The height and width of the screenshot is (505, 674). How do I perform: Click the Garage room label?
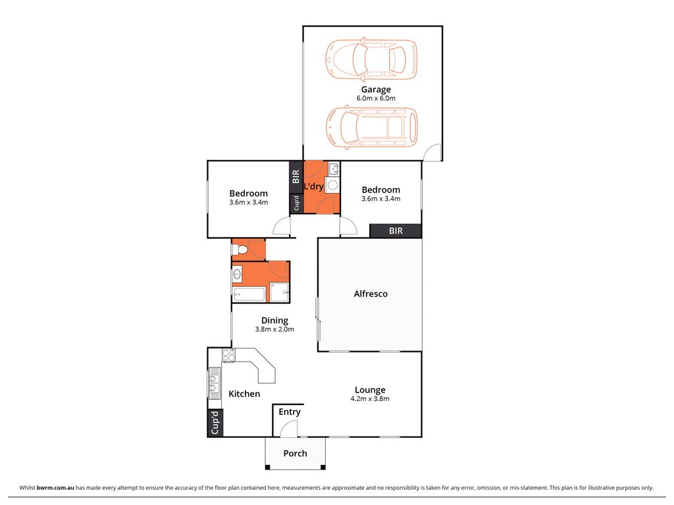[375, 89]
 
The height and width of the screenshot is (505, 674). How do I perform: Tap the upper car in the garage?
[371, 58]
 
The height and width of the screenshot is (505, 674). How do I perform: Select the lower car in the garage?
[371, 127]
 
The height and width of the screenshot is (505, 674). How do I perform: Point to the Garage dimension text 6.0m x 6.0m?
[375, 99]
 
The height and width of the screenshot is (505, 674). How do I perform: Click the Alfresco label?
[371, 294]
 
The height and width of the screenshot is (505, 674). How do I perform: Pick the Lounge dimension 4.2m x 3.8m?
[369, 398]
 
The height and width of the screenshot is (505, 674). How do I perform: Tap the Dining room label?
[274, 321]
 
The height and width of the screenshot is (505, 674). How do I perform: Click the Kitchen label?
[244, 394]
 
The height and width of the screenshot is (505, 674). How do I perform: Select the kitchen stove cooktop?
[229, 356]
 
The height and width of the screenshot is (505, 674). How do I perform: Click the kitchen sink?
[214, 383]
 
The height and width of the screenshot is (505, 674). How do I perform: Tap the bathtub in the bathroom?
[248, 294]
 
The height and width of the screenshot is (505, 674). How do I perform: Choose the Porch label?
[295, 454]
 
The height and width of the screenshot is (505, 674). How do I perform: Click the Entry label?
[290, 412]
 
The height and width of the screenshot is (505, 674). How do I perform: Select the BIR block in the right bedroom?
[396, 231]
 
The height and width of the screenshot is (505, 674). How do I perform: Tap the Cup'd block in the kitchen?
[215, 423]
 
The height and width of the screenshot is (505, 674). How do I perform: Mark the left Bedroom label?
[248, 193]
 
